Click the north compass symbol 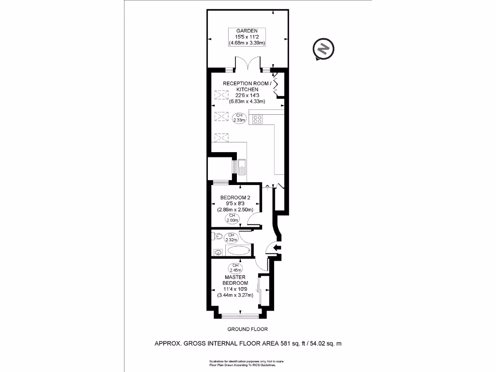pos(324,49)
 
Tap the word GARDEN pos(247,31)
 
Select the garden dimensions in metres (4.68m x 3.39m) pos(247,43)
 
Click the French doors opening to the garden pos(247,63)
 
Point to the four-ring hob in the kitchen pos(257,119)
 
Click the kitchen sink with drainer pos(243,167)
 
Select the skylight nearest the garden pos(221,95)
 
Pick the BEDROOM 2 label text pos(235,198)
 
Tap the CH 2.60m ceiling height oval pos(232,218)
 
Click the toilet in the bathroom pos(217,237)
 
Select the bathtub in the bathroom pos(238,251)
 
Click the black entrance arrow pos(278,248)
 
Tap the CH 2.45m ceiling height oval pos(235,268)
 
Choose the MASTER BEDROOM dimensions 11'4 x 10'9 pos(235,289)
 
